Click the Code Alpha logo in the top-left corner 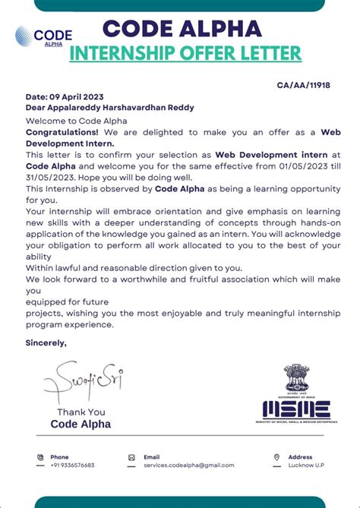(x=43, y=36)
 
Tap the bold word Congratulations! (x=57, y=131)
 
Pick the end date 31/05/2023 (x=51, y=176)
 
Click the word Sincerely (x=46, y=343)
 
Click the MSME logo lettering (x=297, y=410)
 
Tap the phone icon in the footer (x=40, y=457)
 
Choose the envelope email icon (x=131, y=457)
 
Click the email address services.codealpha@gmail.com (x=188, y=465)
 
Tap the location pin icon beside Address (x=276, y=457)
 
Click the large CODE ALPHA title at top (x=182, y=29)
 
